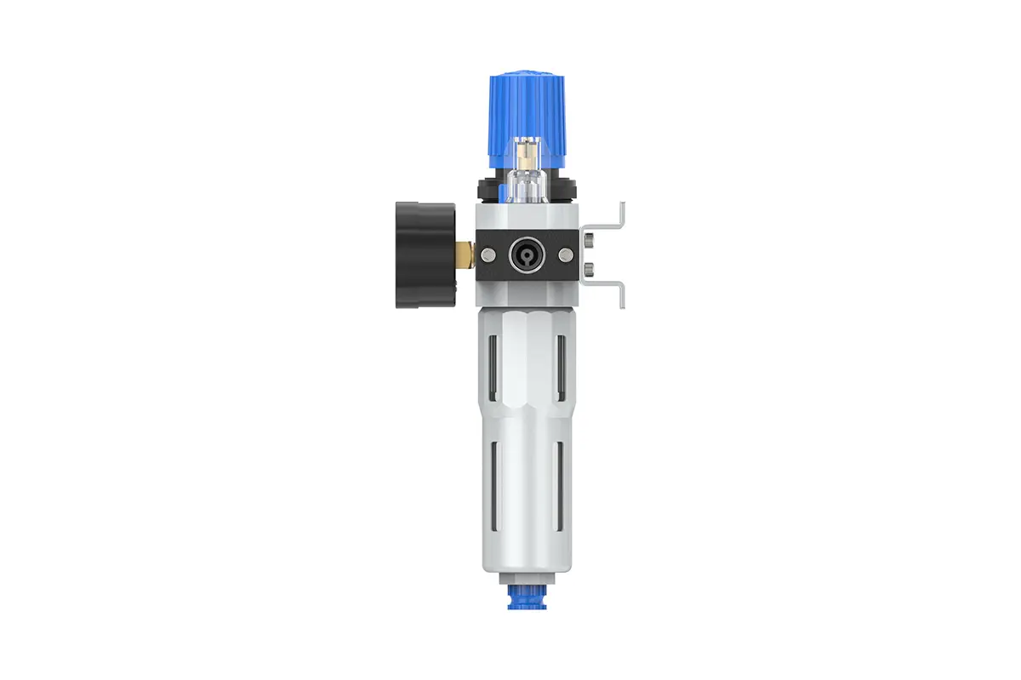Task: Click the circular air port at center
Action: coord(522,253)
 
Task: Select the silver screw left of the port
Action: coord(489,253)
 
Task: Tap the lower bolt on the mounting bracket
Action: coord(589,271)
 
